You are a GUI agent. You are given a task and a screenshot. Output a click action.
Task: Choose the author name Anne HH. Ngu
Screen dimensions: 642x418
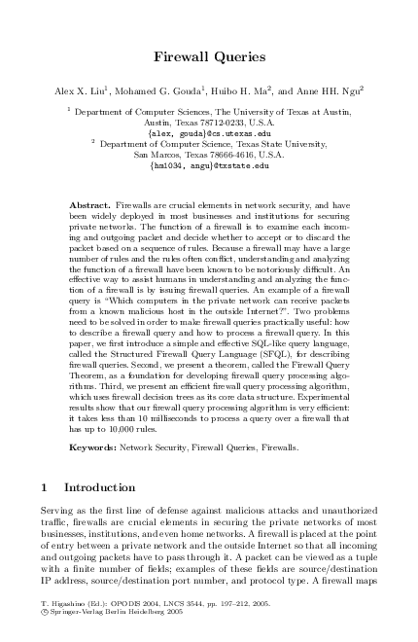pyautogui.click(x=329, y=90)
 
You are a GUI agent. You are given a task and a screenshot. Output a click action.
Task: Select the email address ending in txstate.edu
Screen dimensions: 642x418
pyautogui.click(x=209, y=165)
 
